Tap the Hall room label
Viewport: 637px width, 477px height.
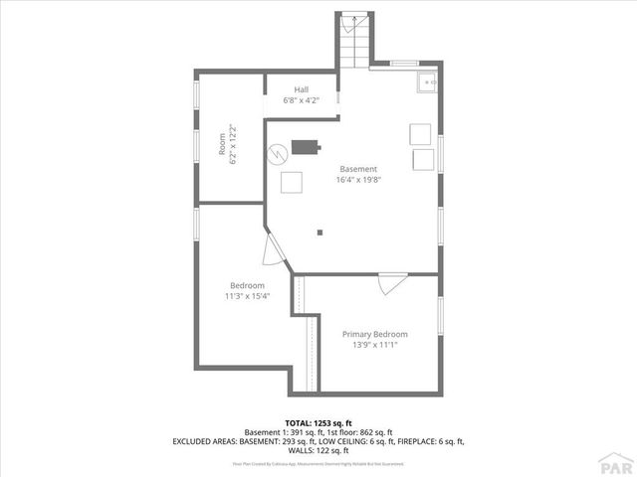[x=301, y=89]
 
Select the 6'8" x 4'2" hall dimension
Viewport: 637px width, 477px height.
[x=301, y=99]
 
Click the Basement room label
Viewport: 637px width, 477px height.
[x=358, y=169]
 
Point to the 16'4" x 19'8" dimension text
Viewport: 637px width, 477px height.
[x=358, y=180]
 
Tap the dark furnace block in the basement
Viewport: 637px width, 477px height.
[x=304, y=148]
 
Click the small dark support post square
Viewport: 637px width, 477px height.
[x=319, y=233]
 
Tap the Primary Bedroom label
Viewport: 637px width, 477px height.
[x=374, y=335]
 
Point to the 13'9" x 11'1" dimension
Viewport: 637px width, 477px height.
[x=374, y=346]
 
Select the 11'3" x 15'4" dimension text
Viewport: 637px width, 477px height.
[x=248, y=296]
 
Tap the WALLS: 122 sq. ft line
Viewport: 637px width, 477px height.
[x=318, y=449]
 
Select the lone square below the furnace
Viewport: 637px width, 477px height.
[x=291, y=182]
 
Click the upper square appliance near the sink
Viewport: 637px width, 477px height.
[x=420, y=133]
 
